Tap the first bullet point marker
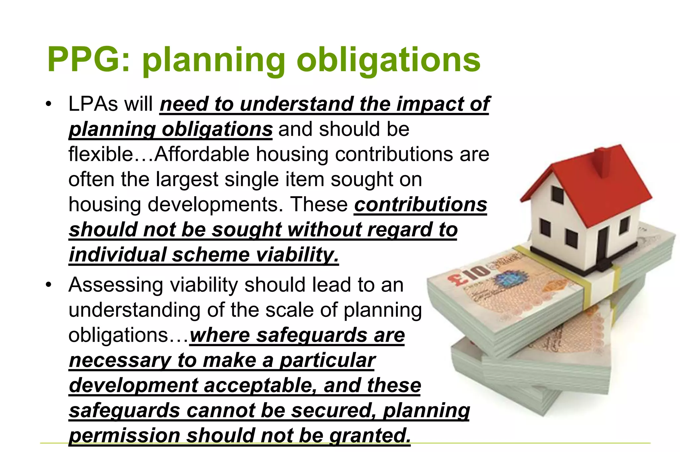point(49,104)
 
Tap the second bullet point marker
point(49,285)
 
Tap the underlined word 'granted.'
point(370,435)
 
